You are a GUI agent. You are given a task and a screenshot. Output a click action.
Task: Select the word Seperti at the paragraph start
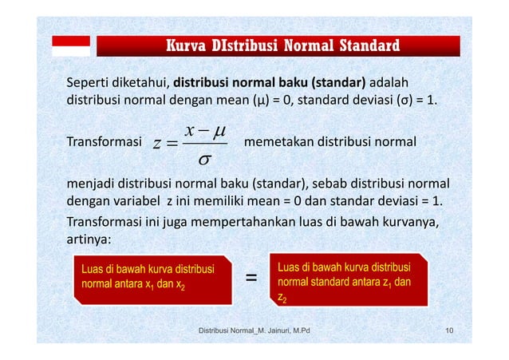(90, 84)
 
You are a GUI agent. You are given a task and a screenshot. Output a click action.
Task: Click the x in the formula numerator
(188, 129)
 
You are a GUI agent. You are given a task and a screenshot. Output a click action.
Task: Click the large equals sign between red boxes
(251, 279)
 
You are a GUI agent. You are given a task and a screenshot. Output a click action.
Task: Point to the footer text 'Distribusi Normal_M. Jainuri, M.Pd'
(254, 330)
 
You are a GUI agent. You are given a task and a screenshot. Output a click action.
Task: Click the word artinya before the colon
(89, 239)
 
